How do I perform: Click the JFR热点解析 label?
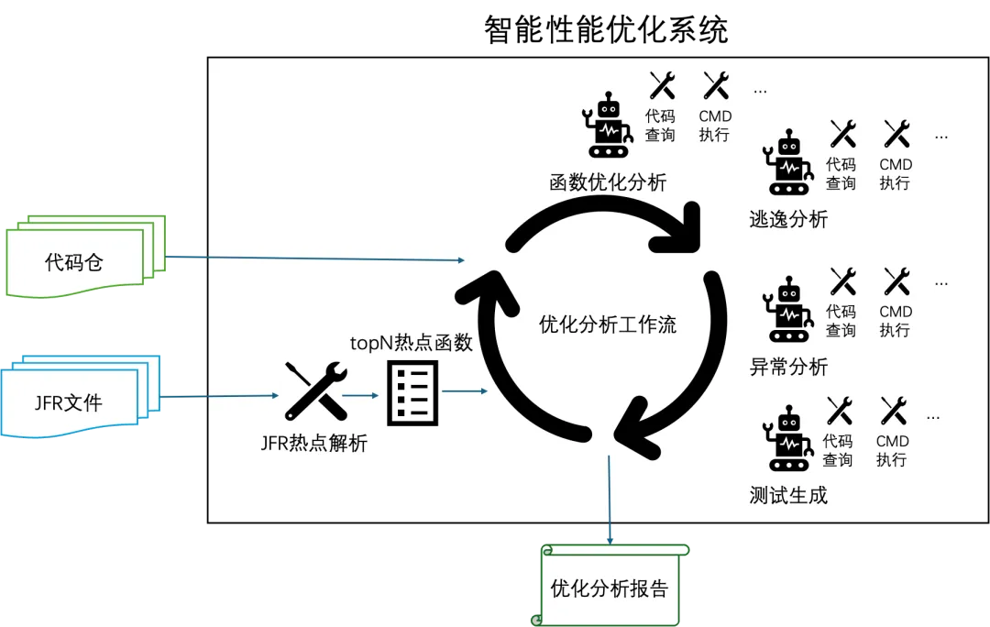314,444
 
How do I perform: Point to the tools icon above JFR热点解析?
314,391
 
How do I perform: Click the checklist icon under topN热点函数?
412,392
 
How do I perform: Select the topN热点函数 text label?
412,343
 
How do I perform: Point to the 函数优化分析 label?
608,181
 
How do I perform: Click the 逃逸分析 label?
788,219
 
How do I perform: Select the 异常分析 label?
788,367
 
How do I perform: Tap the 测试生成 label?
788,496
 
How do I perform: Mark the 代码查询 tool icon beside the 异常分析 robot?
842,280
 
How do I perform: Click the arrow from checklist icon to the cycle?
465,392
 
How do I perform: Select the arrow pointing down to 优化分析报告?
610,495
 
